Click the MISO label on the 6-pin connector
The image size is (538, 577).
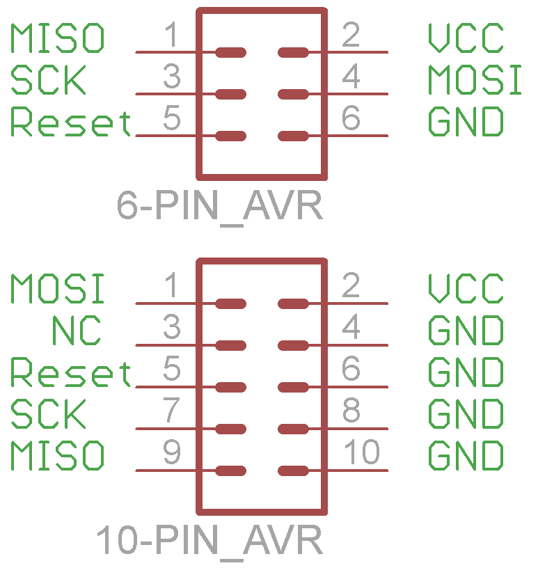[57, 39]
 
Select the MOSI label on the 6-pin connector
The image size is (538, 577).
[475, 81]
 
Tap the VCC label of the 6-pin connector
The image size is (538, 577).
[466, 39]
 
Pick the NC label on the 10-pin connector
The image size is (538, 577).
[76, 331]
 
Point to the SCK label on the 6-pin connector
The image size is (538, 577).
[48, 81]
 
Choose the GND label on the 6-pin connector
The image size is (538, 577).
[466, 122]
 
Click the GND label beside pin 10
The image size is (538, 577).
[466, 457]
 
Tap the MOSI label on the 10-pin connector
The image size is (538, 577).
[57, 290]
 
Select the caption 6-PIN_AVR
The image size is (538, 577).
[220, 206]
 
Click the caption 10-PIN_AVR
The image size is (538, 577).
[209, 541]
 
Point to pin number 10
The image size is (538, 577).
[362, 453]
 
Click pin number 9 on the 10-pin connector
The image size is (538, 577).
[171, 453]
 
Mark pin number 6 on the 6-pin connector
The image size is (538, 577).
[351, 118]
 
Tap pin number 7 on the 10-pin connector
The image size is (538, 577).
[171, 411]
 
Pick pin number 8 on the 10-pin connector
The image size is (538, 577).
[351, 411]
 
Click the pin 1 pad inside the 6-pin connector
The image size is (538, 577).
[230, 52]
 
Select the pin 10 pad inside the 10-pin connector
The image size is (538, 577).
[293, 471]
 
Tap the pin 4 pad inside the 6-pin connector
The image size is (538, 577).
[293, 94]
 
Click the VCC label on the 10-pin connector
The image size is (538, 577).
[466, 290]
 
